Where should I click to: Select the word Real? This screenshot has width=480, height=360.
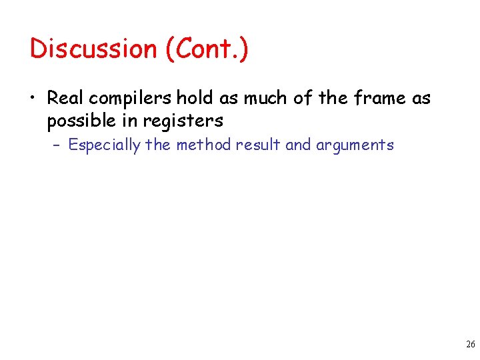[x=65, y=99]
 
